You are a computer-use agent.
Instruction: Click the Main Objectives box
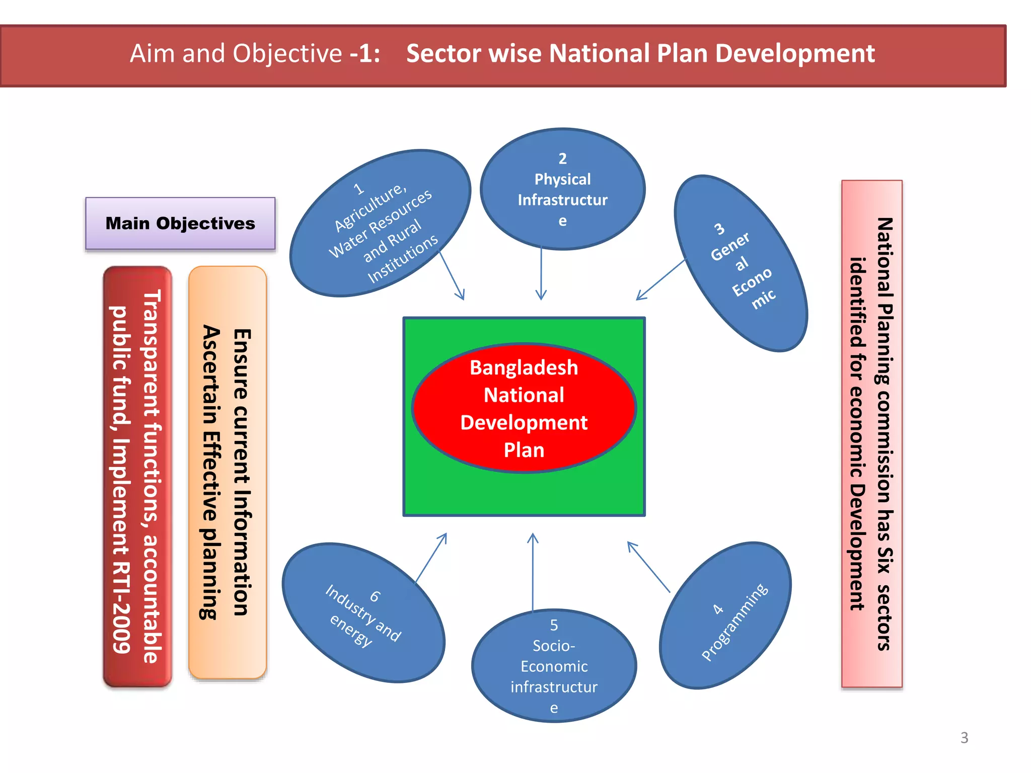180,223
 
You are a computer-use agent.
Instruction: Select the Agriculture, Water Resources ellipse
380,223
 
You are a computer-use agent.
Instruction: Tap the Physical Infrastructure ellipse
562,189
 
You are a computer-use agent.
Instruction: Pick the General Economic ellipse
741,263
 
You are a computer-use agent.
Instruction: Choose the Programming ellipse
725,615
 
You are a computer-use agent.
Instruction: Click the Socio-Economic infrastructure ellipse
554,665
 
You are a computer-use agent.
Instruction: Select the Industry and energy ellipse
363,612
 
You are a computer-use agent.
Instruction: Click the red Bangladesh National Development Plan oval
524,408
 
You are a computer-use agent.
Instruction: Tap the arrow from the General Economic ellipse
660,279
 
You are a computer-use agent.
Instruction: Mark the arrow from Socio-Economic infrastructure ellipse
533,571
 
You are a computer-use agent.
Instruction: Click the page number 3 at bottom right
964,738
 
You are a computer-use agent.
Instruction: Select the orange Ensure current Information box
227,472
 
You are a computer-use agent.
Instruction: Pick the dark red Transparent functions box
137,476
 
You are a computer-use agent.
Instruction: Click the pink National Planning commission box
871,433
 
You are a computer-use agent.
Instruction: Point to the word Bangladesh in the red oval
524,368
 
